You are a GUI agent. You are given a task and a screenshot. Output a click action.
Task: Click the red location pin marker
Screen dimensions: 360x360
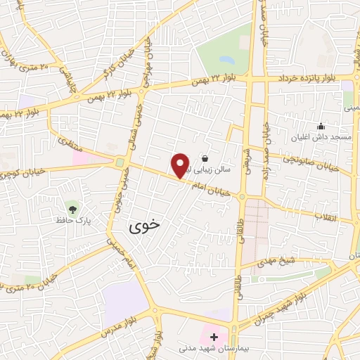[x=181, y=165]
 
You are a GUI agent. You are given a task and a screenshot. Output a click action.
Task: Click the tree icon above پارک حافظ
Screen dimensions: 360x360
[x=72, y=207]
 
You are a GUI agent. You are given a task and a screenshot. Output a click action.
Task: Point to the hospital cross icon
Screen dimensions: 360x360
[x=213, y=337]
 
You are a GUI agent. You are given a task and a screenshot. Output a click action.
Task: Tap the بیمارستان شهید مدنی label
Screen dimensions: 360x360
[x=214, y=348]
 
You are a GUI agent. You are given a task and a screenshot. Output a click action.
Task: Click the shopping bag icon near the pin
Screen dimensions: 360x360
[x=205, y=158]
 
